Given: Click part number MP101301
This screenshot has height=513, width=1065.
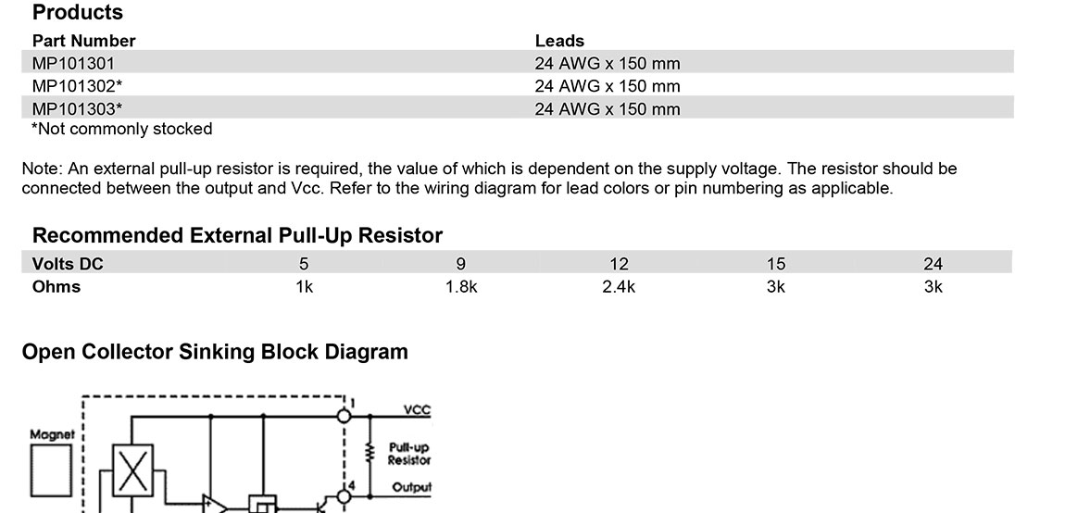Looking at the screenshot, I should click(73, 63).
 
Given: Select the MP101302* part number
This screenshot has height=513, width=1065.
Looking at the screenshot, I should click(77, 86).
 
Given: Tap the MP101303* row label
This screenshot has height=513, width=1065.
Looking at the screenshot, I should click(77, 108).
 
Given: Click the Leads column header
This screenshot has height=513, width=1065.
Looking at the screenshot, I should click(559, 41).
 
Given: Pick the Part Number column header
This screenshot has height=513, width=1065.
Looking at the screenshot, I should click(83, 41).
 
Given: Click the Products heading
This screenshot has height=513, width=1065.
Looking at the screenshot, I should click(78, 13).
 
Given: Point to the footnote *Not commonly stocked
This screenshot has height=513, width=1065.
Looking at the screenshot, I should click(121, 129).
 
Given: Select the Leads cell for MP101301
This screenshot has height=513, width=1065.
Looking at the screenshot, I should click(607, 63).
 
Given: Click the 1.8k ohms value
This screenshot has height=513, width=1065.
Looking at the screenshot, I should click(461, 287).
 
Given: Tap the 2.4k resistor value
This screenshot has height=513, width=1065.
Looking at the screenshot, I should click(619, 287).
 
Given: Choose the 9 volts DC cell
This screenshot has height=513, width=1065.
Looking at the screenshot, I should click(461, 264).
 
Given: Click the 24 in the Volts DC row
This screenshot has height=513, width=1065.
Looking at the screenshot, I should click(933, 264).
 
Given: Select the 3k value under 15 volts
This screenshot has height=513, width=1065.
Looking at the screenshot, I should click(776, 287).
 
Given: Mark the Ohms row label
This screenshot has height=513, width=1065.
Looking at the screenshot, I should click(56, 287).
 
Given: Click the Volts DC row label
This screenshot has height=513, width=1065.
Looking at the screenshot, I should click(68, 264).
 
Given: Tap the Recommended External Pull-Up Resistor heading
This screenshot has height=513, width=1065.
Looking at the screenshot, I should click(237, 235).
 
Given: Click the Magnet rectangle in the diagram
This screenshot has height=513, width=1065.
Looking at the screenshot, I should click(52, 470).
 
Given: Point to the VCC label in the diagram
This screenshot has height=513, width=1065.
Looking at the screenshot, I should click(417, 410).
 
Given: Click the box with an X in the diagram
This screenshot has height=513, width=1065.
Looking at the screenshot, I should click(132, 469).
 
